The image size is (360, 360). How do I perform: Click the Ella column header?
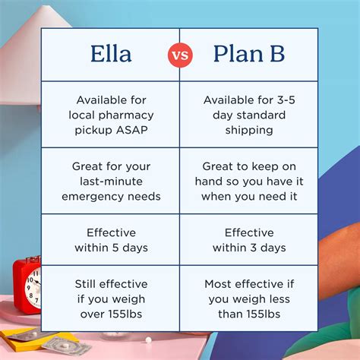[x=110, y=55]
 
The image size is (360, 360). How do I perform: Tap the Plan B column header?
[x=249, y=55]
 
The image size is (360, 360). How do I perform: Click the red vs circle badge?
[x=180, y=55]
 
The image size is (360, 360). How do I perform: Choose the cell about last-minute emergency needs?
[x=110, y=181]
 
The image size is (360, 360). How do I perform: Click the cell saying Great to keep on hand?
[x=249, y=181]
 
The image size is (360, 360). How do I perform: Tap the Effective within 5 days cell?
[x=110, y=240]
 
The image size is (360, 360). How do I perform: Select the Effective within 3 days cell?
[x=249, y=240]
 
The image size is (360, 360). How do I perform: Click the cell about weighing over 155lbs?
[x=110, y=298]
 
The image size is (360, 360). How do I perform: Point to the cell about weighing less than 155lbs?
[x=249, y=298]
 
